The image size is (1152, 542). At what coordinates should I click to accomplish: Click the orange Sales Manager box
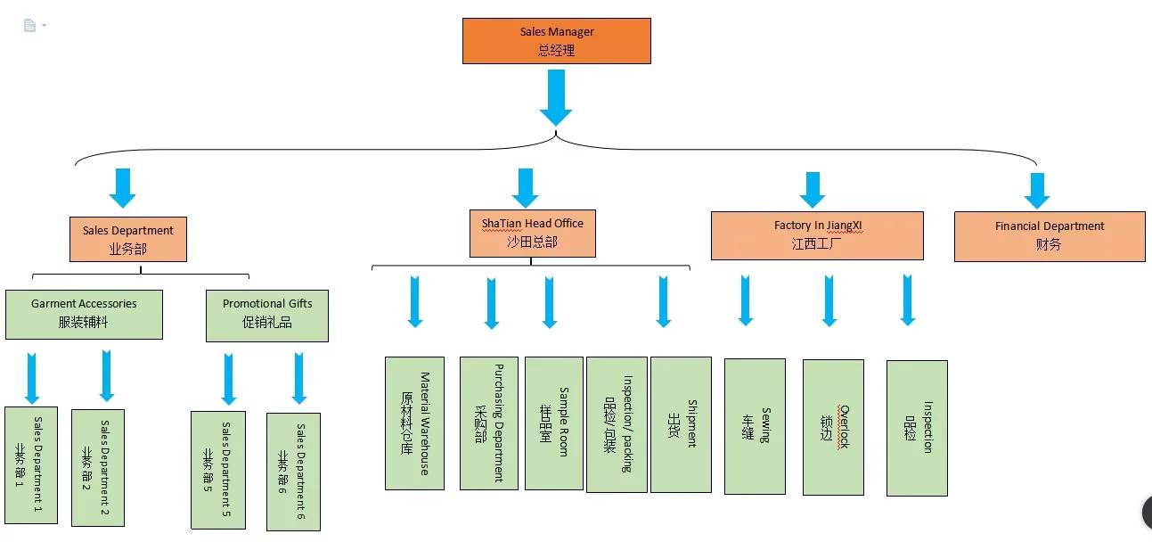point(557,41)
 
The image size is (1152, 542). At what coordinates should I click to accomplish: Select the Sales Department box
point(128,239)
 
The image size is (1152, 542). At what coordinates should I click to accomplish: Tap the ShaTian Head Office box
point(532,234)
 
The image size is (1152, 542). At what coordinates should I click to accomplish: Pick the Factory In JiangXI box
point(817,235)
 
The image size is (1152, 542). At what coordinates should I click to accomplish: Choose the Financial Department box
point(1050,236)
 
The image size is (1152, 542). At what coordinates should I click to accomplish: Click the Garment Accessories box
point(84,315)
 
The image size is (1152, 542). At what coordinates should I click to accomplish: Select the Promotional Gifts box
point(267,316)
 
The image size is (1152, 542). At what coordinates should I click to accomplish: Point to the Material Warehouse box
point(414,423)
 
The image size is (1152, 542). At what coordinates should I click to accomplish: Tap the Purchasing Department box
point(488,423)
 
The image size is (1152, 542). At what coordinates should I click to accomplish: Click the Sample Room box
point(554,423)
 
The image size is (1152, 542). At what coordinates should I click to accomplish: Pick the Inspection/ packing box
point(617,424)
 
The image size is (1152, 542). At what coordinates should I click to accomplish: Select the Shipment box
point(681,424)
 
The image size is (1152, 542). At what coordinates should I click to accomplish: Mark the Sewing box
point(755,426)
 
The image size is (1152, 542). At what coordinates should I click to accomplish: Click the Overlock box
point(833,427)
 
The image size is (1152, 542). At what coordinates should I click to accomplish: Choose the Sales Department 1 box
point(31,465)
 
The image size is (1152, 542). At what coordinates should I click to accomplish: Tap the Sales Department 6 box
point(293,472)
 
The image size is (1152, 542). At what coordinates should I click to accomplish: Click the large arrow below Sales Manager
point(556,98)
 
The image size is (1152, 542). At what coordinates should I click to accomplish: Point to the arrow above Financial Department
point(1037,191)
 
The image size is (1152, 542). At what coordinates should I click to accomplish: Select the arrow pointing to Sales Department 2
point(106,376)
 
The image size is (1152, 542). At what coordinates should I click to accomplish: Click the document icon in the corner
point(29,25)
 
